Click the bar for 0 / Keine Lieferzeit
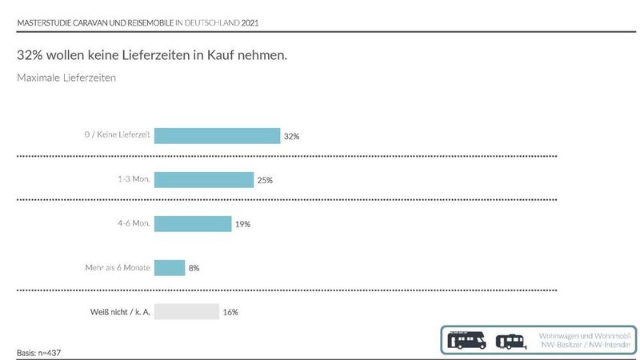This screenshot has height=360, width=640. point(217,136)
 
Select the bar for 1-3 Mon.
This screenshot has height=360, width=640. point(203,180)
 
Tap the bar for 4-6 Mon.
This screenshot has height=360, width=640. point(192,224)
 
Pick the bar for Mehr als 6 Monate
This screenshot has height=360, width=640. point(169,268)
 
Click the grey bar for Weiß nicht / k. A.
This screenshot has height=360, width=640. point(186,311)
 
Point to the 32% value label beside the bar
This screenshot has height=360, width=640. point(291,137)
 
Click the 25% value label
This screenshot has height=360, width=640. point(265,181)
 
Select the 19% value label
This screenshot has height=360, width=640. point(242,225)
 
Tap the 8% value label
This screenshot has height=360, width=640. point(194,269)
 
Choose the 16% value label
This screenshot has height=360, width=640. point(230,312)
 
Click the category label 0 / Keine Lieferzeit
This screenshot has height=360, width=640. point(118,135)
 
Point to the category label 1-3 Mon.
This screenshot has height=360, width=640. point(134,179)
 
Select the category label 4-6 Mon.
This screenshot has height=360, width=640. point(134,223)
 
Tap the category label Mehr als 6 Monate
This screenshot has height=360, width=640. point(117,267)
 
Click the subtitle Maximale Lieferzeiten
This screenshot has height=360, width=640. point(66,78)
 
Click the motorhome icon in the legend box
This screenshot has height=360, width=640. point(468,340)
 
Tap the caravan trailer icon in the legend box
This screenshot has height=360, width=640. point(510,341)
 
